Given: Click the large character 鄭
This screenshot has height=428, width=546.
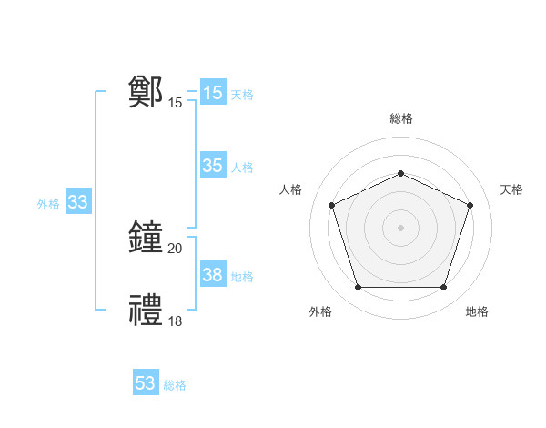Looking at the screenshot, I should click(x=147, y=92).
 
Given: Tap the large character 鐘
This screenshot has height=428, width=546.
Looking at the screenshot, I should click(x=147, y=238).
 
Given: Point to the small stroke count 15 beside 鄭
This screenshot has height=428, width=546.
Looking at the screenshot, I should click(x=176, y=103).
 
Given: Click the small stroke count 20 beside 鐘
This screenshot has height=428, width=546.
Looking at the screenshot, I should click(x=176, y=249).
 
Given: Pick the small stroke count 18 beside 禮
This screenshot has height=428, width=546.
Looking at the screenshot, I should click(x=176, y=321).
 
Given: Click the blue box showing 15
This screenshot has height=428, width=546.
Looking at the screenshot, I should click(x=212, y=93).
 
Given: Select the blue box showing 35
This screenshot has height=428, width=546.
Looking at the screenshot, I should click(x=212, y=166).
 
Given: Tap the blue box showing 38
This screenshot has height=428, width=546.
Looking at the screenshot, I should click(x=212, y=275).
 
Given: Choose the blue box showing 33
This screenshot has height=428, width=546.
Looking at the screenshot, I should click(x=77, y=202).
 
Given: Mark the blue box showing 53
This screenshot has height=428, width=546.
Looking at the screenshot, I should click(x=145, y=383).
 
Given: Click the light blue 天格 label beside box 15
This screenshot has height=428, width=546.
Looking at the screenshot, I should click(x=242, y=94).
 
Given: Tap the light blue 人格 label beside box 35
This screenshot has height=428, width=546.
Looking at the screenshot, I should click(x=242, y=167).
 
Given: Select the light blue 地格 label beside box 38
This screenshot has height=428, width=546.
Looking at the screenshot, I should click(x=242, y=276).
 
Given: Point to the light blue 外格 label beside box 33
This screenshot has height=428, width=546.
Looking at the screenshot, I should click(x=48, y=204).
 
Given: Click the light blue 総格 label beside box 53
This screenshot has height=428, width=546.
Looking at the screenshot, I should click(x=175, y=385).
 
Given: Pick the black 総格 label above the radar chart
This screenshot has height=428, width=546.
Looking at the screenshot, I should click(x=401, y=118).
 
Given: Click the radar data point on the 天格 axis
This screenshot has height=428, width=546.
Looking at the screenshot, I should click(x=470, y=205).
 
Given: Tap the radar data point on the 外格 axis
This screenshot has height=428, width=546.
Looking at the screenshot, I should click(x=358, y=288).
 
